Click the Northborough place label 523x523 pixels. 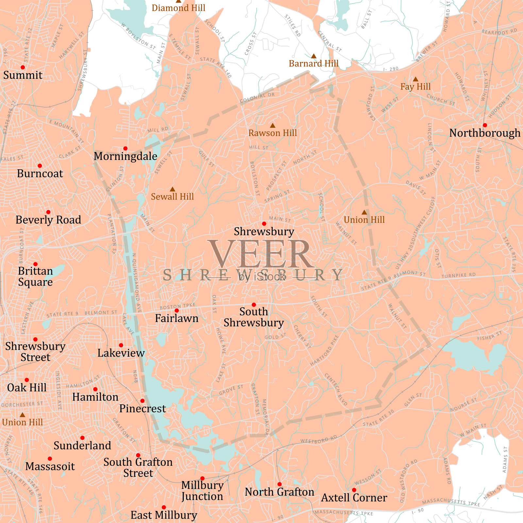pyautogui.click(x=484, y=133)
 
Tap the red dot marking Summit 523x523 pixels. pyautogui.click(x=23, y=67)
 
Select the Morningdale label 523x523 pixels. pyautogui.click(x=126, y=156)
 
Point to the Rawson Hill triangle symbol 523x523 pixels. pyautogui.click(x=272, y=126)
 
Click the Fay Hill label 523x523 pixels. pyautogui.click(x=415, y=87)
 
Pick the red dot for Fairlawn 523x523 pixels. pyautogui.click(x=177, y=311)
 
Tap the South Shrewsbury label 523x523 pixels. pyautogui.click(x=254, y=317)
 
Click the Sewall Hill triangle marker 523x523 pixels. pyautogui.click(x=172, y=189)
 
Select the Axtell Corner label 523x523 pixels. pyautogui.click(x=354, y=498)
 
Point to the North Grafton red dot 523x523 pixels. pyautogui.click(x=279, y=484)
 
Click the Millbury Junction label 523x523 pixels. pyautogui.click(x=202, y=491)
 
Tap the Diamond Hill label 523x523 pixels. pyautogui.click(x=178, y=8)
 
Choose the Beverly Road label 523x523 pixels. pyautogui.click(x=48, y=220)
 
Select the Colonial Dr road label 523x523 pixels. pyautogui.click(x=257, y=97)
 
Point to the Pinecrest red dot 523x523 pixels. pyautogui.click(x=143, y=401)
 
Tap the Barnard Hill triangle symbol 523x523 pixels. pyautogui.click(x=313, y=56)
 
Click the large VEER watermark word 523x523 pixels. pyautogui.click(x=261, y=254)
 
